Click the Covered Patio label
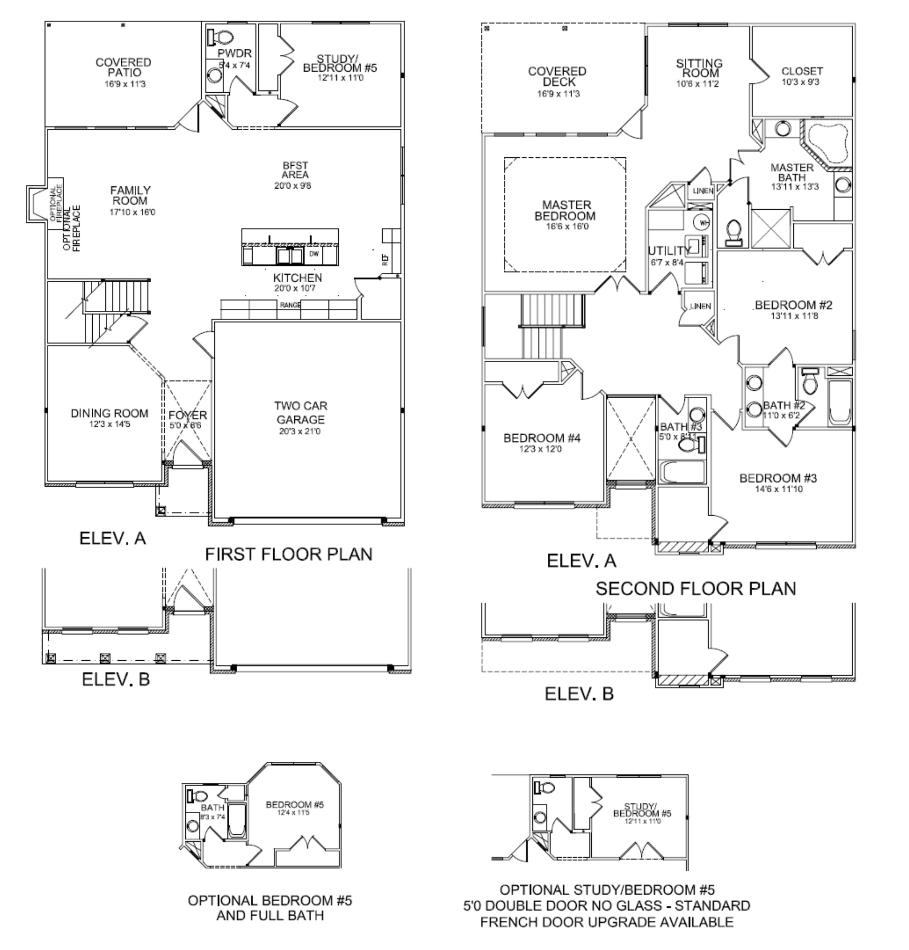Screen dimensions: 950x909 pos(123,67)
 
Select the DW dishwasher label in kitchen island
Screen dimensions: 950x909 pos(314,254)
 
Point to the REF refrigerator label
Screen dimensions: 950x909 pos(385,260)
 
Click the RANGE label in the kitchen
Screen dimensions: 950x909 pos(290,305)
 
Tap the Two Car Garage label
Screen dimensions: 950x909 pos(300,413)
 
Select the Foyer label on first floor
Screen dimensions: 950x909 pos(187,415)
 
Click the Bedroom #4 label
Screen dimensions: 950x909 pos(541,438)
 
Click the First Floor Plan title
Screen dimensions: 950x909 pos(289,554)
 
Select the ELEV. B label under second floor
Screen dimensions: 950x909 pos(579,694)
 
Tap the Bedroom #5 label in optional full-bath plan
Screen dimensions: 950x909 pos(294,805)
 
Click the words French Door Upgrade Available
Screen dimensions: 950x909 pos(606,922)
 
